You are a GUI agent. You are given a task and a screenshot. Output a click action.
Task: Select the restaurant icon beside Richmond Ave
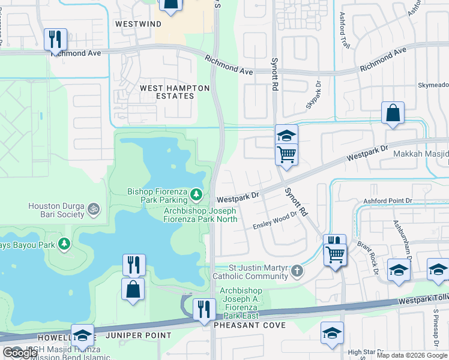55,40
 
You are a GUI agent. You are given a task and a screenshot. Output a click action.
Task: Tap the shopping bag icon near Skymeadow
392,113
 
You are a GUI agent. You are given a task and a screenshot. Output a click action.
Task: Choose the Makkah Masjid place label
421,154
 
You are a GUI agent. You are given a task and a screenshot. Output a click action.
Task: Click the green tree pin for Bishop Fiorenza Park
196,194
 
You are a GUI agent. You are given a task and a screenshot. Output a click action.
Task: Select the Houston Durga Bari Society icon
93,209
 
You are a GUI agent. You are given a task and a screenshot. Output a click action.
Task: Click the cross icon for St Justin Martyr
296,272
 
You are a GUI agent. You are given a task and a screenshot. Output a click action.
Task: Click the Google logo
20,353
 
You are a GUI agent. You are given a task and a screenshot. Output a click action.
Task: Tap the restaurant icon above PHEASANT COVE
204,310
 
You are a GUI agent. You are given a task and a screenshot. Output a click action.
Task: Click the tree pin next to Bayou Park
63,244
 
